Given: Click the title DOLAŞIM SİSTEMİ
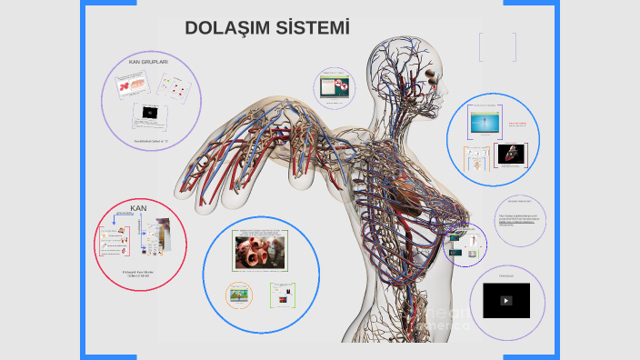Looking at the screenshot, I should click(x=266, y=28).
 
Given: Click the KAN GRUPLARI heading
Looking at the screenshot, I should click(x=148, y=62).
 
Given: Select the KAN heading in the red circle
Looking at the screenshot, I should click(x=138, y=208).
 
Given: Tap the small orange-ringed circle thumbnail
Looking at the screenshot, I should click(x=239, y=293).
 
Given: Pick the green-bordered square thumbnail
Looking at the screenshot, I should click(x=283, y=294).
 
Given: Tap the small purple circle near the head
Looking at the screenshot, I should click(x=334, y=87).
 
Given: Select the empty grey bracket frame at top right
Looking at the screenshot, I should click(x=497, y=47).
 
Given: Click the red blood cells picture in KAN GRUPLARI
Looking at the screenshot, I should click(x=130, y=85).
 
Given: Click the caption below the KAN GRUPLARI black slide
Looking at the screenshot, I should click(x=151, y=141).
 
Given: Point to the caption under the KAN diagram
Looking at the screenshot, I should click(x=141, y=274).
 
